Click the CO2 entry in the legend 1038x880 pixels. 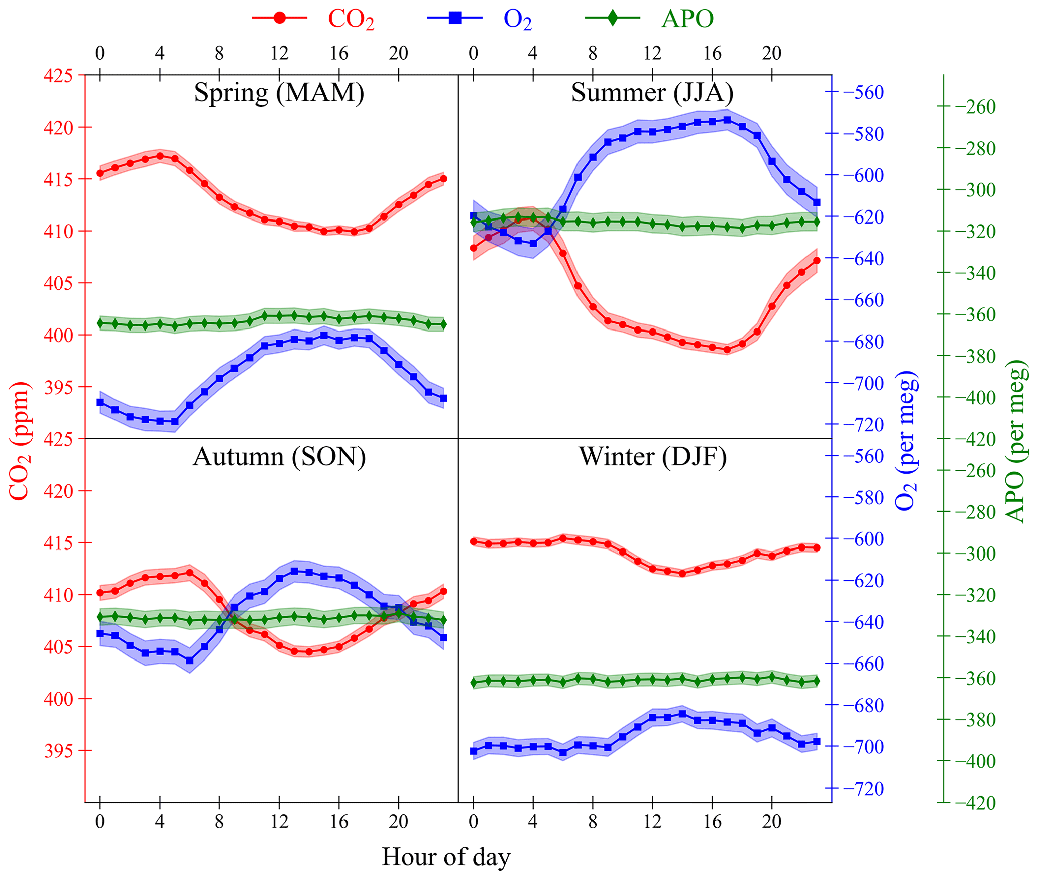tap(351, 19)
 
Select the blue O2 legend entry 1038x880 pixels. tap(517, 19)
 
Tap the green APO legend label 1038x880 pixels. tap(687, 19)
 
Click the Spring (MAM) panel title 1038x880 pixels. tap(279, 92)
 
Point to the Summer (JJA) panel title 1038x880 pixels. tap(652, 92)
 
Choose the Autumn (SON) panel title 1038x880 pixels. tap(279, 457)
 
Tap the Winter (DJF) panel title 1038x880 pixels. tap(652, 457)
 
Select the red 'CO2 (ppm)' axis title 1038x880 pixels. tap(20, 441)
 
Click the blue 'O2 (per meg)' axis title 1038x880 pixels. tap(907, 441)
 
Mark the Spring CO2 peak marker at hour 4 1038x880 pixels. tap(160, 156)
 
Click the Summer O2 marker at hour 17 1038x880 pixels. tap(727, 120)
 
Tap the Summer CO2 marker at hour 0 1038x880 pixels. tap(473, 248)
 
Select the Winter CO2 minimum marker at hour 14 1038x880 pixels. tap(682, 574)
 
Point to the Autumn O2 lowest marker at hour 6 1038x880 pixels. tap(190, 661)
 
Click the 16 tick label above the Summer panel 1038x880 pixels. tap(712, 53)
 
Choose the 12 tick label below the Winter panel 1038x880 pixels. tap(652, 822)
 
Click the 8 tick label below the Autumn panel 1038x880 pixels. tap(219, 822)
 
